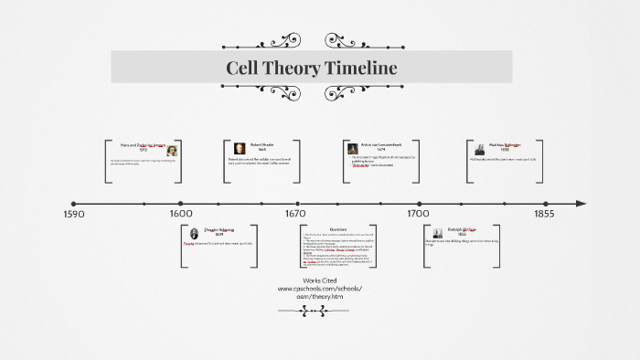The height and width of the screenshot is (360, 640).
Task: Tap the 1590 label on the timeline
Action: pyautogui.click(x=74, y=215)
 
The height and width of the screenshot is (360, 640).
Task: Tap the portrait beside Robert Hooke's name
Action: pyautogui.click(x=240, y=149)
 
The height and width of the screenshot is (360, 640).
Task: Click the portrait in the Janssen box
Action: pyautogui.click(x=172, y=151)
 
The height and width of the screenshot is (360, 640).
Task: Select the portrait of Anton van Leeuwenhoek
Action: pyautogui.click(x=352, y=149)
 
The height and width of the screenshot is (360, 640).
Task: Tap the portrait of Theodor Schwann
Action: pyautogui.click(x=196, y=234)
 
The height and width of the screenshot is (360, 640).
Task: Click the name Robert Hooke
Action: pyautogui.click(x=262, y=144)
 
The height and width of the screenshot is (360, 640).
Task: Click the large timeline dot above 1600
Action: pyautogui.click(x=181, y=204)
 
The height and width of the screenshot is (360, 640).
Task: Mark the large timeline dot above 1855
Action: pyautogui.click(x=543, y=204)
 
